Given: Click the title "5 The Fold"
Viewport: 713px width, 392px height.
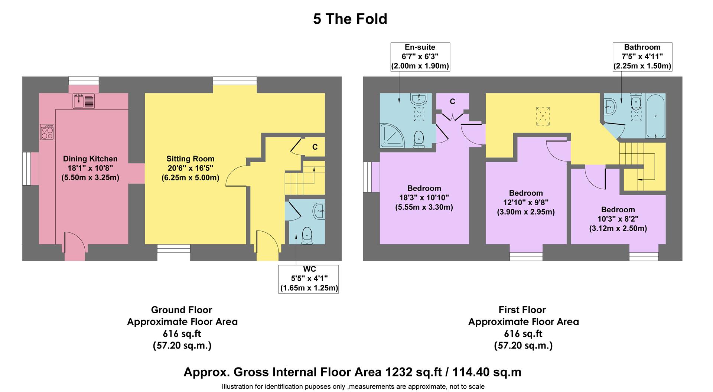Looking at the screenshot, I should click(350, 19).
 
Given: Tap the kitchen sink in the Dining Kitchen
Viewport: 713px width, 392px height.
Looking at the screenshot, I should click(84, 101).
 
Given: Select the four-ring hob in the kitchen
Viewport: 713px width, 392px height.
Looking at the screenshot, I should click(47, 132).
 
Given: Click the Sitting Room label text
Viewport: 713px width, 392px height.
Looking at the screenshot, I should click(190, 159).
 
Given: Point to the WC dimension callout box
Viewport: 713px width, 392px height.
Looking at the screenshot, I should click(309, 278).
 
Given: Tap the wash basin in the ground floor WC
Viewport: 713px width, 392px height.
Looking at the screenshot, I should click(319, 212).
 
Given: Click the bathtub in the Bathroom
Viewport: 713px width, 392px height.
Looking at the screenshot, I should click(655, 116).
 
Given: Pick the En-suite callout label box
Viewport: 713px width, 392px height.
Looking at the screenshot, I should click(420, 57).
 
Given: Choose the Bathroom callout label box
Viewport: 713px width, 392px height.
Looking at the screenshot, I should click(642, 57).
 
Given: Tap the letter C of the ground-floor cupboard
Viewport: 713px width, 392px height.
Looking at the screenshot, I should click(315, 147).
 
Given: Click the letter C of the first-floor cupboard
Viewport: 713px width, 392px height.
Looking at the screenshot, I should click(452, 102).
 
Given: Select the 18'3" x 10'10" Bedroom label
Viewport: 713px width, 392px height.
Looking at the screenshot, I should click(424, 198).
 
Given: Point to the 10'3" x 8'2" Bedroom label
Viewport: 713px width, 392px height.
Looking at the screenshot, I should click(618, 219).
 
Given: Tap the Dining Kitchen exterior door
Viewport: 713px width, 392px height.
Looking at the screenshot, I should click(75, 247).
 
